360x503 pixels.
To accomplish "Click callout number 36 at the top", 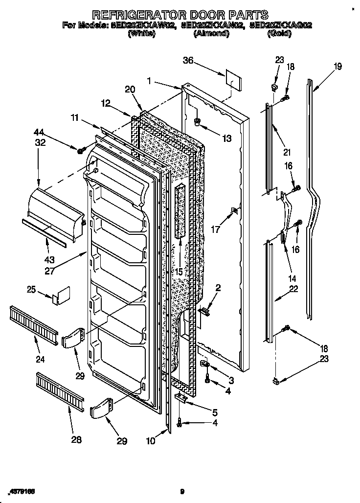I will point(188,61).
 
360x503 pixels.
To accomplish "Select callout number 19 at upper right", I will point(337,67).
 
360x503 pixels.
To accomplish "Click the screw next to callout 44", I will point(80,148).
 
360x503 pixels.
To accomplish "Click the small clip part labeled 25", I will point(61,297).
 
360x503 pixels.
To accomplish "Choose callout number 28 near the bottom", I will point(76,440).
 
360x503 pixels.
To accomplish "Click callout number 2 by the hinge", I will point(218,288).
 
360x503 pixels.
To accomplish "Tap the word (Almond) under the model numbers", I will point(211,34).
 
